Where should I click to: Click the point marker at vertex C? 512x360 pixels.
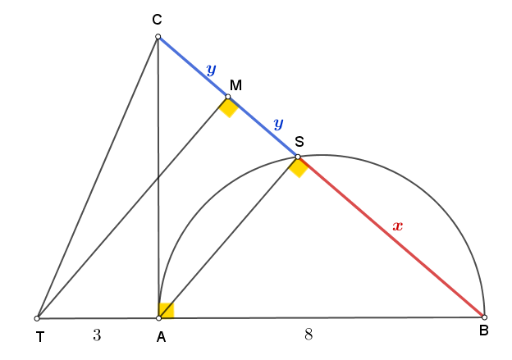pos(158,37)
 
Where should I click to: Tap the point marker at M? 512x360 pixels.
pos(228,97)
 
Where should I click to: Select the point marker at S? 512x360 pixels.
pos(298,157)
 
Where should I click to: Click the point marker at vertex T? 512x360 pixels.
pos(37,318)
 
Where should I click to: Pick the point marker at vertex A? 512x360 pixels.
pos(158,318)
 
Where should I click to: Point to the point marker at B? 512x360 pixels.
pos(484,317)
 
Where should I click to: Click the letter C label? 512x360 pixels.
pos(157,20)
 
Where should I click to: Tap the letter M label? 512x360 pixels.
pos(235,85)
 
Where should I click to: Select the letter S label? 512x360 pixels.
pos(299,142)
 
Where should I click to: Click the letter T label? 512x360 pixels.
pos(40,337)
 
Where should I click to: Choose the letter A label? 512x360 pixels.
pos(161,337)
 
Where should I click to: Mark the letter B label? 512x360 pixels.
pos(483,330)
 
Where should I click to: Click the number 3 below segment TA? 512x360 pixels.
pos(97,335)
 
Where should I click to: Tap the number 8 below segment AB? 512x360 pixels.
pos(309,335)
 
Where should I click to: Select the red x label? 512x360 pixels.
pos(398,226)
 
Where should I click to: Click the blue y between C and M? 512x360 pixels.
pos(211,70)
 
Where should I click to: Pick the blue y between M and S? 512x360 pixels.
pos(278,124)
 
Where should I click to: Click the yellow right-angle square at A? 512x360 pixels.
pos(167,311)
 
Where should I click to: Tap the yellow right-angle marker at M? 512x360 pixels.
pos(229,107)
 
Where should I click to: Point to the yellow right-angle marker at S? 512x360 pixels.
pos(299,167)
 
